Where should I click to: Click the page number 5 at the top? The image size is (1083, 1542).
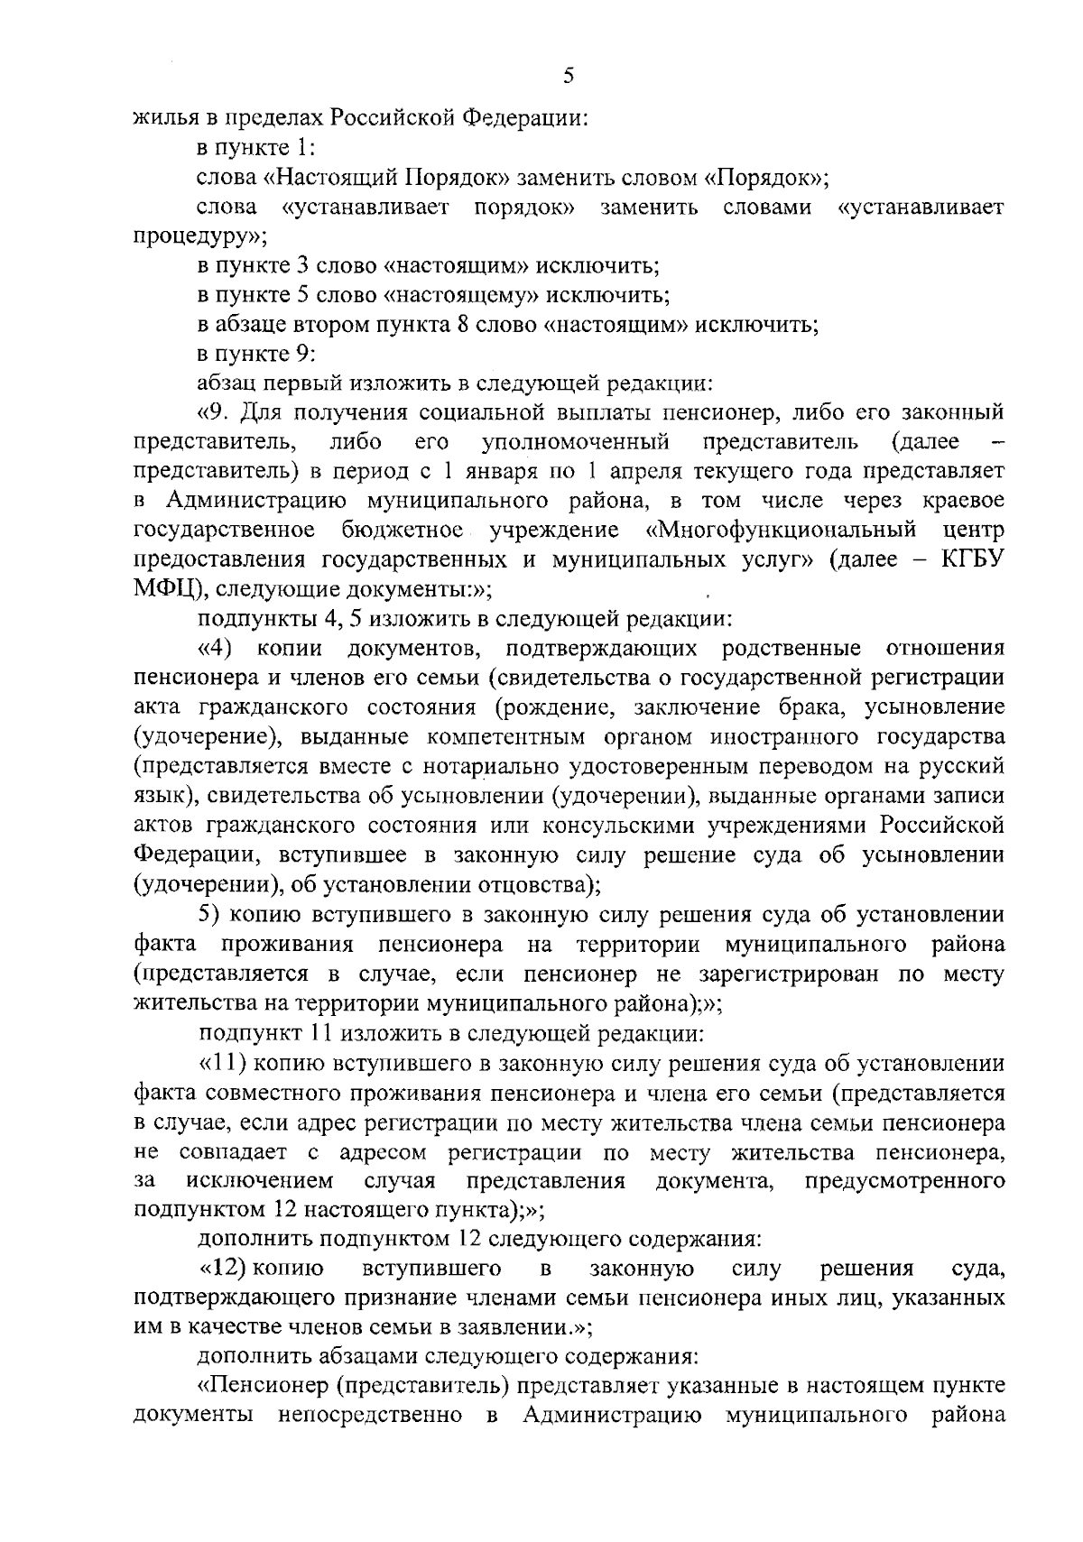tap(568, 77)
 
